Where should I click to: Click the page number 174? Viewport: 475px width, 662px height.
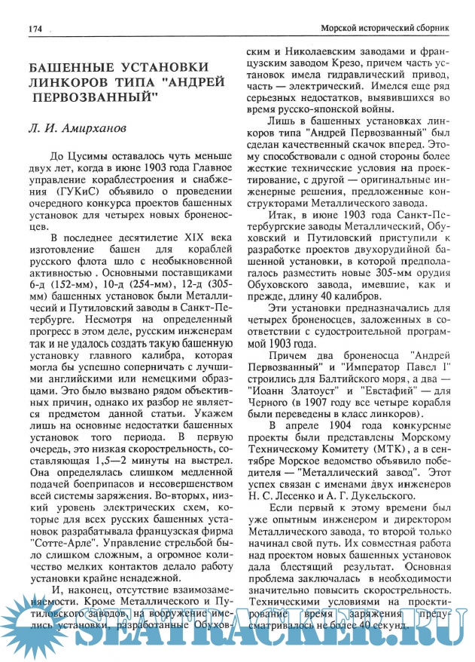(x=34, y=29)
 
